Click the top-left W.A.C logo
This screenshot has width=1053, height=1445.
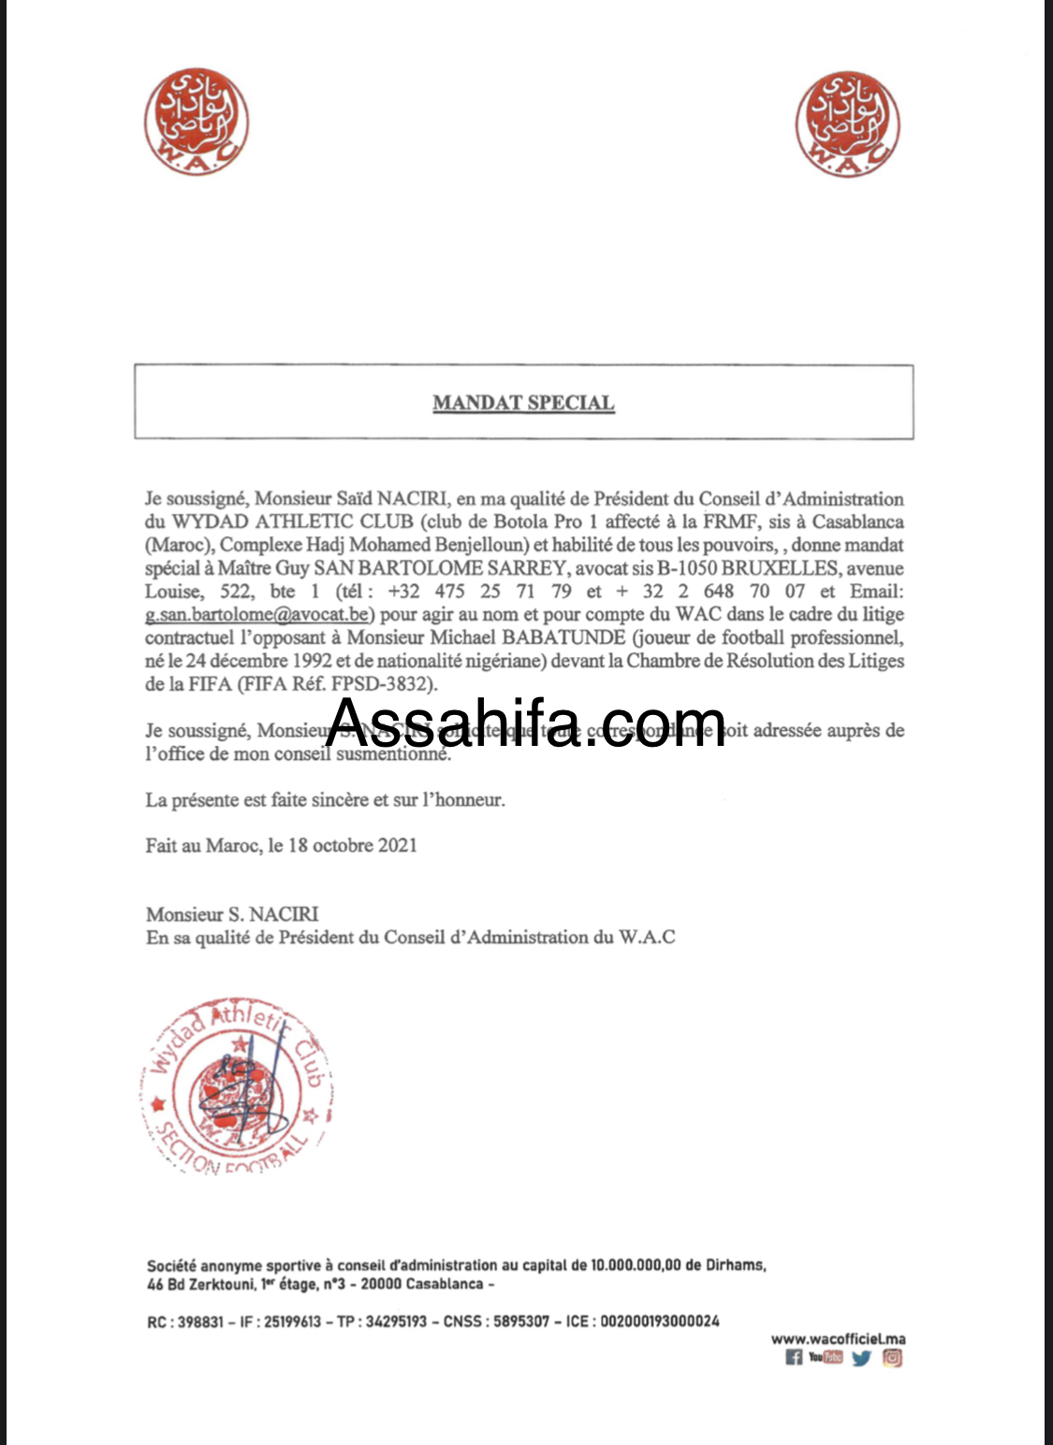click(x=197, y=122)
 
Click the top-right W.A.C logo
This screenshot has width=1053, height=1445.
click(x=847, y=124)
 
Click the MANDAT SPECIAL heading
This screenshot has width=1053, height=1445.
click(x=523, y=403)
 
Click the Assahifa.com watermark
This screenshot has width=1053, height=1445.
click(x=525, y=724)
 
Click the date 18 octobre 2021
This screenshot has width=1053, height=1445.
click(x=353, y=845)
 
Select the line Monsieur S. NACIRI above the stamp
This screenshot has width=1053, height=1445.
click(x=232, y=914)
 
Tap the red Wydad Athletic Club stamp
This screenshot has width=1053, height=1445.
click(x=240, y=1086)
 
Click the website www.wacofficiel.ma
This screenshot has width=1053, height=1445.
click(x=838, y=1339)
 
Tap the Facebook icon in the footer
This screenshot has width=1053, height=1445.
click(x=794, y=1358)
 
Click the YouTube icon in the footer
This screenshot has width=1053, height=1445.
click(x=826, y=1357)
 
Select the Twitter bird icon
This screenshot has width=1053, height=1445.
click(x=861, y=1358)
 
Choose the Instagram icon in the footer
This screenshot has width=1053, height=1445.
click(x=893, y=1358)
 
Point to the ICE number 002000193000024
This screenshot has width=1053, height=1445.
click(x=660, y=1321)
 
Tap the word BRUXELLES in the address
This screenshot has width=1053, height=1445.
click(x=779, y=568)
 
